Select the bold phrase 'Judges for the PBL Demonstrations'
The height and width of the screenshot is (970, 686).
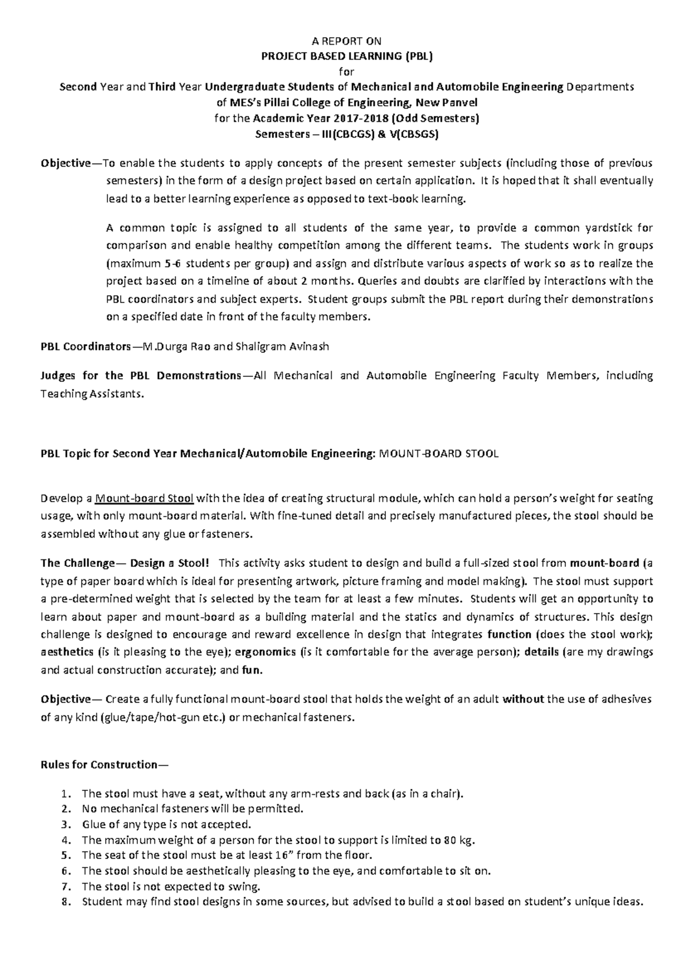click(141, 376)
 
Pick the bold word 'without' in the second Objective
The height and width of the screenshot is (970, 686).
click(523, 699)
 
